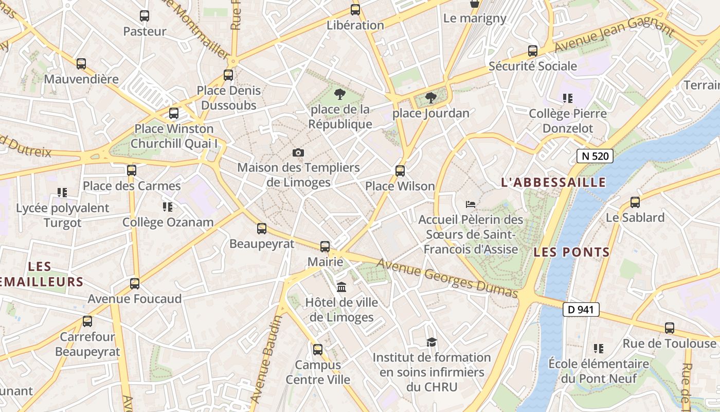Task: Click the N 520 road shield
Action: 595,156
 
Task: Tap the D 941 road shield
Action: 581,310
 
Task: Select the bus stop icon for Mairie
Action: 325,247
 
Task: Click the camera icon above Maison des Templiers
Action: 298,152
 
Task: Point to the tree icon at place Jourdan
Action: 431,98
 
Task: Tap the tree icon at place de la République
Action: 339,94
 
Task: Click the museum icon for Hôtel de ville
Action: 341,287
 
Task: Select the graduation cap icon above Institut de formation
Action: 431,342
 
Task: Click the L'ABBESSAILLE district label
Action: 553,182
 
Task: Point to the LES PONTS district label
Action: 571,252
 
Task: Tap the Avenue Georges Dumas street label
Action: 447,278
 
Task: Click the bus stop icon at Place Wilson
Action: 400,171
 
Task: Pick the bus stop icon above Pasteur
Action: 145,16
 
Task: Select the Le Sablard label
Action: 635,217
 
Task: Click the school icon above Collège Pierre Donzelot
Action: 568,98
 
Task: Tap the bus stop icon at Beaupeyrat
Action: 262,229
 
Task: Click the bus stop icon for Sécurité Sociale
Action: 533,51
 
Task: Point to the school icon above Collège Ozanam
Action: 167,207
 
